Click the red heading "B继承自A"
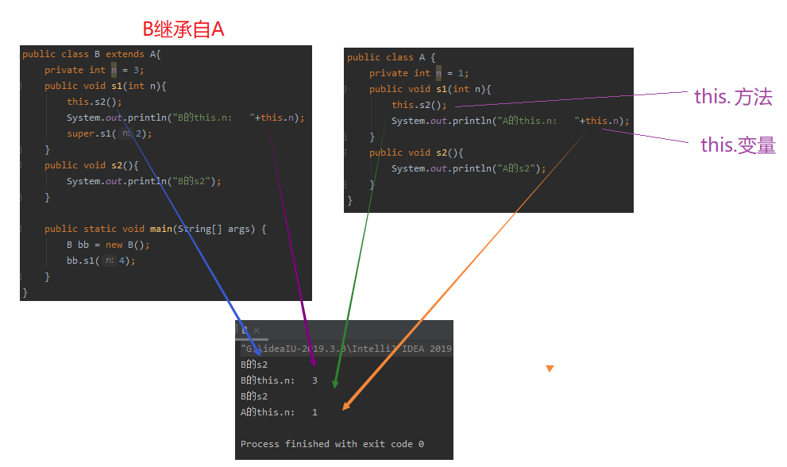pyautogui.click(x=183, y=29)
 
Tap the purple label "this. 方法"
pyautogui.click(x=732, y=97)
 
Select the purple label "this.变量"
pyautogui.click(x=737, y=145)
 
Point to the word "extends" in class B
pyautogui.click(x=125, y=54)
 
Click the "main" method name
pyautogui.click(x=161, y=229)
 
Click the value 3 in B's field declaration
pyautogui.click(x=137, y=70)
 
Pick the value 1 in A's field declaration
pyautogui.click(x=461, y=73)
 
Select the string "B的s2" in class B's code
pyautogui.click(x=192, y=181)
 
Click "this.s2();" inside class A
pyautogui.click(x=419, y=105)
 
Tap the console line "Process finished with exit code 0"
pyautogui.click(x=332, y=444)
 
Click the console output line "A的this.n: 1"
pyautogui.click(x=279, y=412)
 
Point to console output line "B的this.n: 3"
pyautogui.click(x=279, y=380)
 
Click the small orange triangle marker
pyautogui.click(x=550, y=369)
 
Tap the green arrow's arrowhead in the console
pyautogui.click(x=334, y=385)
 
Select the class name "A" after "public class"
pyautogui.click(x=422, y=57)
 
